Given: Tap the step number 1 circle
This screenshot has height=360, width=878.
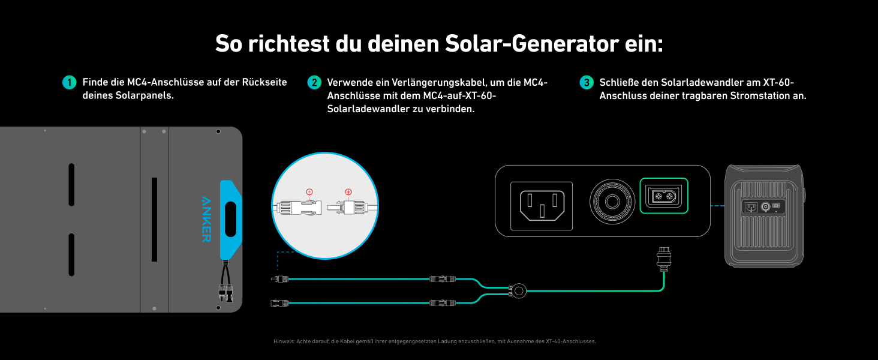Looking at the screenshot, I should click(x=70, y=83).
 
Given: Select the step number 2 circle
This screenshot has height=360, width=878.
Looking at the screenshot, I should click(x=314, y=83).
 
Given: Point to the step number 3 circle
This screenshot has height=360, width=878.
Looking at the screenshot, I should click(x=587, y=83).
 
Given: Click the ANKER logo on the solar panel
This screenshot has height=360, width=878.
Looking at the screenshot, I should click(x=206, y=218).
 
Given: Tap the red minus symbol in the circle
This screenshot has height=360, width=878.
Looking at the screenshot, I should click(x=309, y=192).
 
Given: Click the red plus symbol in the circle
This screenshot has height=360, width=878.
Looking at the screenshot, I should click(x=348, y=192).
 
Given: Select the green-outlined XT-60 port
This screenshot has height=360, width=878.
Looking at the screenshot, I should click(x=664, y=196).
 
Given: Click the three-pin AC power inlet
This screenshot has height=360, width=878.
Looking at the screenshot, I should click(x=542, y=206).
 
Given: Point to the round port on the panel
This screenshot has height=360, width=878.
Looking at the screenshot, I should click(x=612, y=201).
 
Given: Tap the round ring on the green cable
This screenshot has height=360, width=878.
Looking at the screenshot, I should click(x=518, y=292).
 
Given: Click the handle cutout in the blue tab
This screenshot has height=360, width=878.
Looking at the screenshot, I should click(x=230, y=214).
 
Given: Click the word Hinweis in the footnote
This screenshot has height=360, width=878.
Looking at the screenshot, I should click(x=282, y=341).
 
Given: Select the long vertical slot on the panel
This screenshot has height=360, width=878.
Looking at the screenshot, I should click(x=154, y=219).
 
